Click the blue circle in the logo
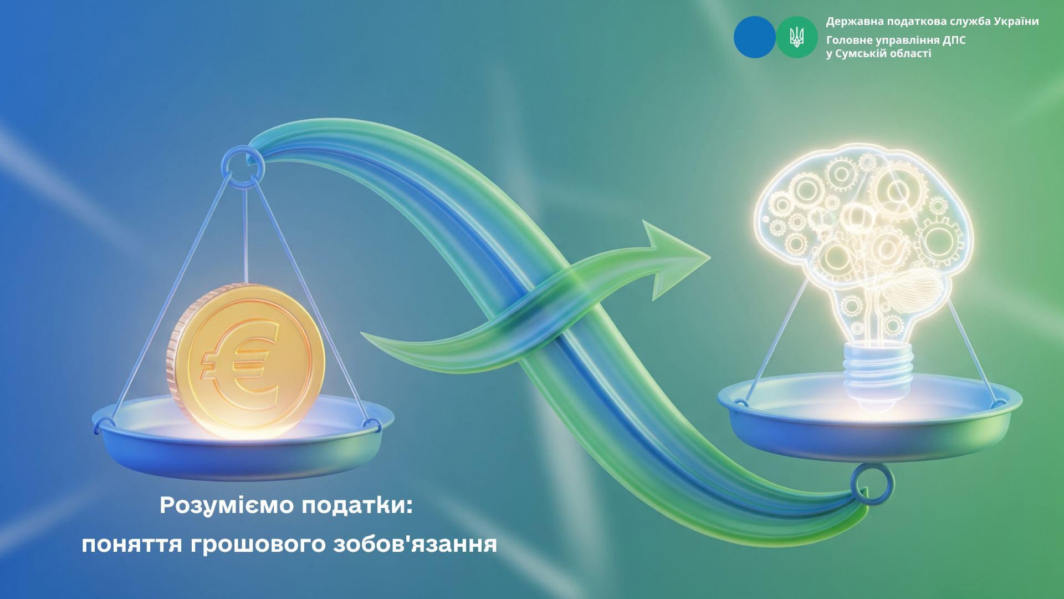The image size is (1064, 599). [754, 37]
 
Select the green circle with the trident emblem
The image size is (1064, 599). [797, 37]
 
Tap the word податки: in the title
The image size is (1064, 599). [357, 506]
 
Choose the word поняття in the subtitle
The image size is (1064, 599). [131, 545]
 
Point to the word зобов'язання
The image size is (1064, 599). [415, 545]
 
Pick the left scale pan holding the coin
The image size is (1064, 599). [243, 438]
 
